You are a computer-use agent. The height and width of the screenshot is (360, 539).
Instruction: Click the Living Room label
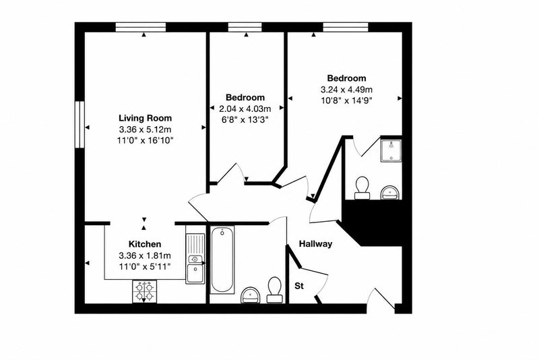[145, 118]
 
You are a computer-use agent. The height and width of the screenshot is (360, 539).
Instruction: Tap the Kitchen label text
[145, 244]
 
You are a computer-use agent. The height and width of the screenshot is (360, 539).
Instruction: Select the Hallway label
[315, 244]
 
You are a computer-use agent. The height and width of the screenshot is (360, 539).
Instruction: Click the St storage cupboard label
[299, 286]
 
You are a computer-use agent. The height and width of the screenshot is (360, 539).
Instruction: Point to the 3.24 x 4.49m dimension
[346, 90]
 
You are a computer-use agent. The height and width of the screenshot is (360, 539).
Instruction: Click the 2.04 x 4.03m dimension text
[245, 109]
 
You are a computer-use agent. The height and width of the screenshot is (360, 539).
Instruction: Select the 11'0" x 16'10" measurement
[145, 140]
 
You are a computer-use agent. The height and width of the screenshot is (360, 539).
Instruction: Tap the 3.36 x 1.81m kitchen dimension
[145, 256]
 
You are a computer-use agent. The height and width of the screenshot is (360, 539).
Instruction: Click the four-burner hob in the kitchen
[144, 292]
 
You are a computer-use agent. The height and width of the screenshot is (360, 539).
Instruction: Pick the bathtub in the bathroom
[223, 260]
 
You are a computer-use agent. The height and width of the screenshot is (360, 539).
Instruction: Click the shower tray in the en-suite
[391, 150]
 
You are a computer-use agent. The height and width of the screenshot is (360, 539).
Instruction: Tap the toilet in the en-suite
[362, 188]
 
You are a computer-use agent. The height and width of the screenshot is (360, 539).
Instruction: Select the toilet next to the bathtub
[275, 290]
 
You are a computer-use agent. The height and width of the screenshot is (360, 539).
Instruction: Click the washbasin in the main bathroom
[251, 295]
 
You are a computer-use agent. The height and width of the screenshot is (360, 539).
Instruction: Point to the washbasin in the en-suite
[391, 193]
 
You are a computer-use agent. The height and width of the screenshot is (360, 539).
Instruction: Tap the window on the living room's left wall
[80, 124]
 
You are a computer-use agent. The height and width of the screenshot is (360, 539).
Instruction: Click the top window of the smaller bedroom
[245, 27]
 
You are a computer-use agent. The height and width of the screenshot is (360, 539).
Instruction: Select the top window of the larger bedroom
[346, 27]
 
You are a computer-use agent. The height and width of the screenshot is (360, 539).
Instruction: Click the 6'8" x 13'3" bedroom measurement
[245, 120]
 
